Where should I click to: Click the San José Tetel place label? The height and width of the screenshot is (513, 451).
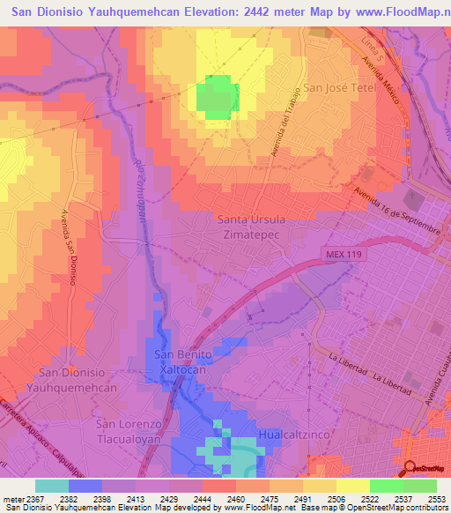[340, 88]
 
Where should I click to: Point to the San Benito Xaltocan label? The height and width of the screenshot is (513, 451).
[184, 362]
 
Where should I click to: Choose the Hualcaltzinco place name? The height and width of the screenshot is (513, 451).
[295, 435]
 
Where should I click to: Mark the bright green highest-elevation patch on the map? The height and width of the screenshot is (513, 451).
[217, 97]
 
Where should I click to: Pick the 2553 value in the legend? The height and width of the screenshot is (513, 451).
[436, 499]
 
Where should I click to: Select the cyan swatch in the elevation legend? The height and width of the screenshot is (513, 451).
[52, 486]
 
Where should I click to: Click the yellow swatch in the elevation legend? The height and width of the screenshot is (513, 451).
[352, 486]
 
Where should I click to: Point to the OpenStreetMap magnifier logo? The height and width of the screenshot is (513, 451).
[410, 468]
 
